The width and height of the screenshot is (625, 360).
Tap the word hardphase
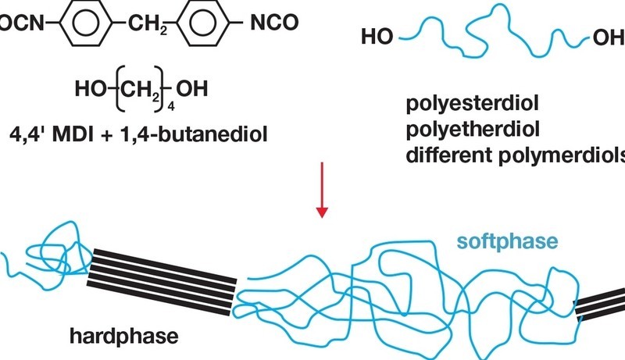coord(124,336)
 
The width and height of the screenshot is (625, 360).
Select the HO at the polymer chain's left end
coord(377,36)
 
